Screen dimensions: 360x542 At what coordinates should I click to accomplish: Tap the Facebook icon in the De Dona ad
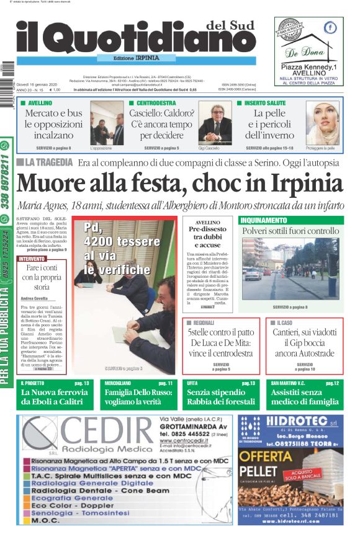tap(330, 27)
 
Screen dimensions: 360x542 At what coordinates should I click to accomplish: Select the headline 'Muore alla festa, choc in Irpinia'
tap(180, 184)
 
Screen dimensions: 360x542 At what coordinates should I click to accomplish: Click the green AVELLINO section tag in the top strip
tap(40, 102)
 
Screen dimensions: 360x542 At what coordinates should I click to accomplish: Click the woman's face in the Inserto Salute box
tap(325, 122)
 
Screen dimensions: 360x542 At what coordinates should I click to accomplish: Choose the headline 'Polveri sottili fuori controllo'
tap(290, 231)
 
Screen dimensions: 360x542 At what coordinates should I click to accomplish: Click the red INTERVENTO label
tap(32, 259)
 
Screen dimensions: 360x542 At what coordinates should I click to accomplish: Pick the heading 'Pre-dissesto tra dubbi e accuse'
tap(207, 234)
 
